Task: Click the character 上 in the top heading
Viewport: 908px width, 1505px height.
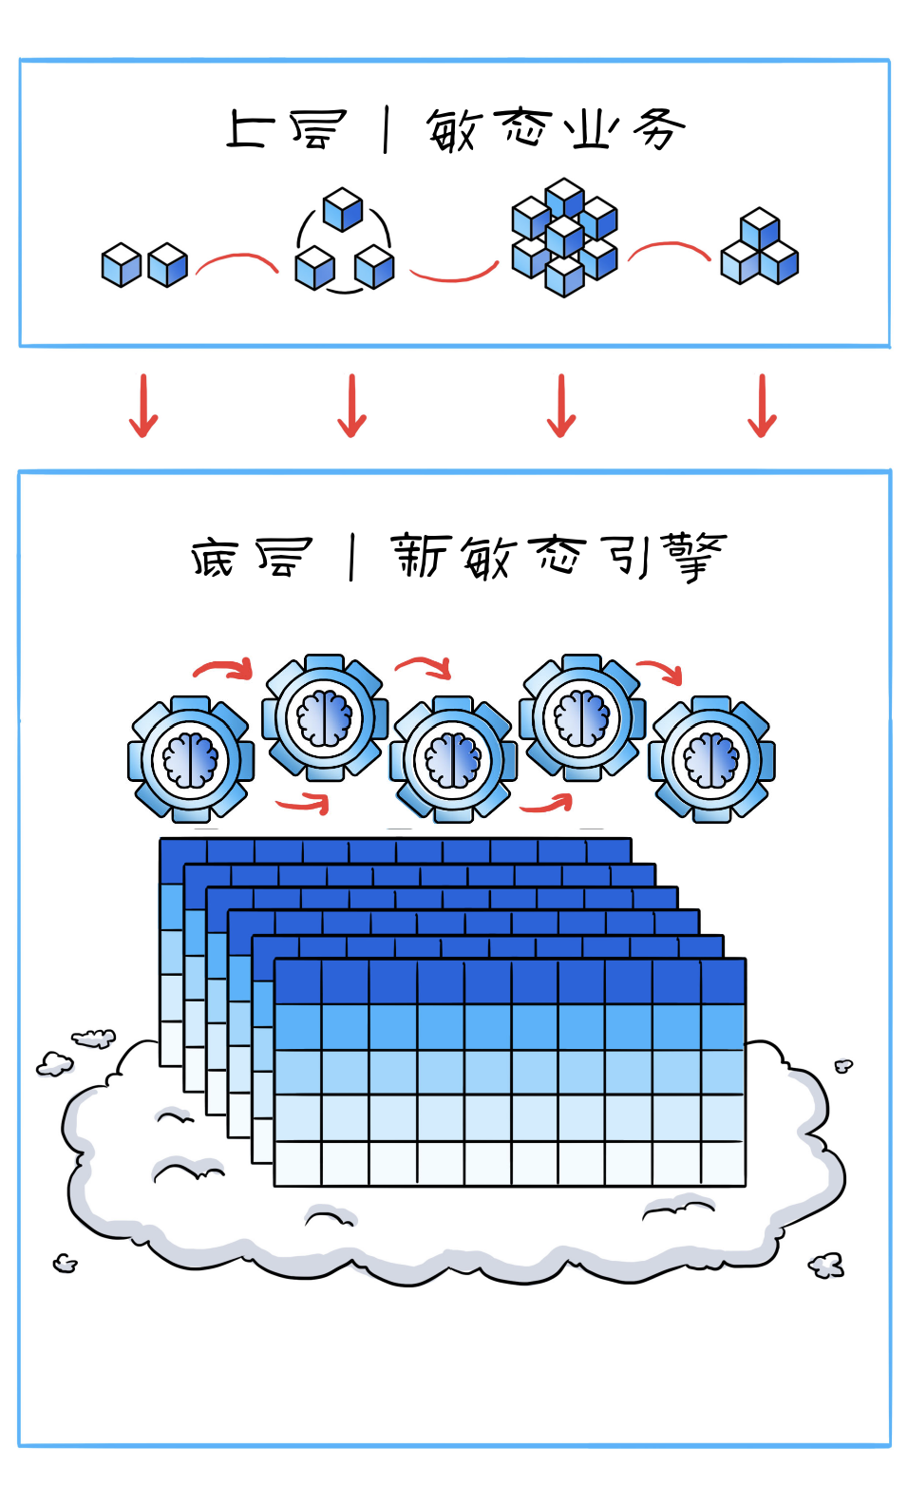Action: coord(249,128)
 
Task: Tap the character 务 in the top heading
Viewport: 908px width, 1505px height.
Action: coord(658,129)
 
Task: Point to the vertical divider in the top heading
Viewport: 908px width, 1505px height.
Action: coord(386,131)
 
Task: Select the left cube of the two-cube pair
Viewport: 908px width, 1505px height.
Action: coord(121,265)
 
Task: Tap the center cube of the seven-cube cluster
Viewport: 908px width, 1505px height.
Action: coord(564,236)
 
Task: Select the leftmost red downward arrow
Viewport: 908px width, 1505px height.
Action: coord(143,406)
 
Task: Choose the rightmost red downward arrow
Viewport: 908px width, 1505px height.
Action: coord(762,406)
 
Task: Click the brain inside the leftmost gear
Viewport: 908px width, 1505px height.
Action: coord(191,760)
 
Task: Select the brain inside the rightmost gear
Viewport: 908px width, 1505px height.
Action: coord(711,760)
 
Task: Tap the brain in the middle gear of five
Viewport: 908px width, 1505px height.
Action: coord(453,760)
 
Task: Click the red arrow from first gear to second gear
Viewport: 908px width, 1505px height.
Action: coord(224,667)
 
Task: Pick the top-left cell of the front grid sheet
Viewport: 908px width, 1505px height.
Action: coord(298,981)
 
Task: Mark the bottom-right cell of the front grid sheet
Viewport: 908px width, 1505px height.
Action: coord(724,1162)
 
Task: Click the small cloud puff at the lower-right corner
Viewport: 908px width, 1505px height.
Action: coord(826,1266)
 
